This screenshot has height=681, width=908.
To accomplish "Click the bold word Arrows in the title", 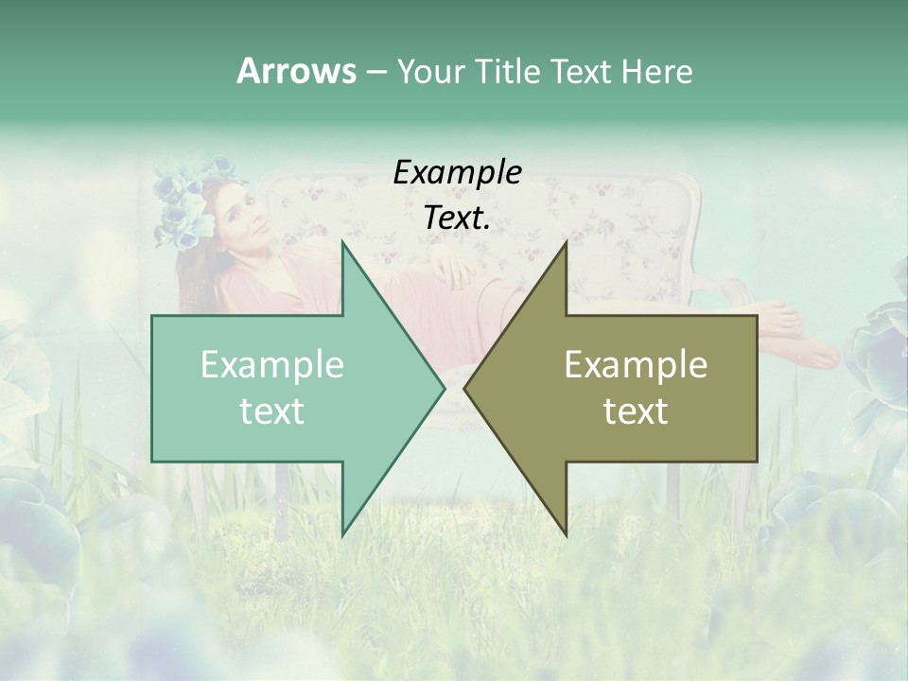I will point(297,71).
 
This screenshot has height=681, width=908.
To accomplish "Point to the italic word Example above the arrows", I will point(457,172).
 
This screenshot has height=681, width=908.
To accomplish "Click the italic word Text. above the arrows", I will point(457,218).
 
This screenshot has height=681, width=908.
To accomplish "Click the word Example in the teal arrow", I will point(271,365).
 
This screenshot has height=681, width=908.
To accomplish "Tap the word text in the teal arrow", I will point(271,411).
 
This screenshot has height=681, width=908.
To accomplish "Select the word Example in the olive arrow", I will point(636,365).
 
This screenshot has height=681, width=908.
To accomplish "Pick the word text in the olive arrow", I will point(636,411).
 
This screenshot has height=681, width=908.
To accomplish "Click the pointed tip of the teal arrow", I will point(442,388).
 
